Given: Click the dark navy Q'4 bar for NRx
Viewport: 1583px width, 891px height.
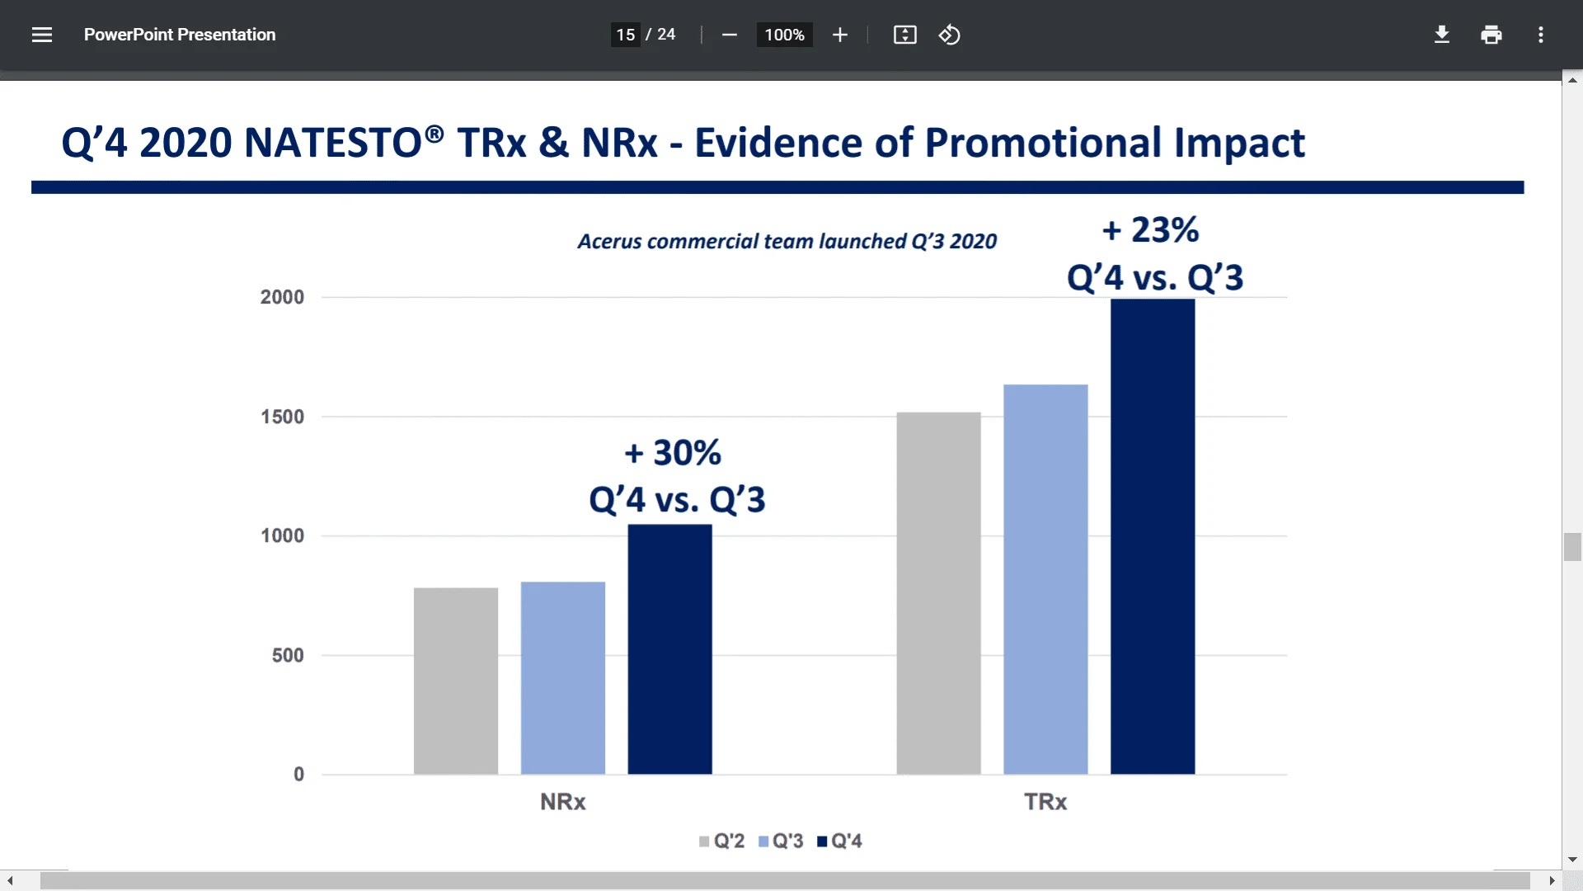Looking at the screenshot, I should tap(669, 649).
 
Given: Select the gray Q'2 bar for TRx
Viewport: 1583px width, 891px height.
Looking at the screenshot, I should tap(938, 593).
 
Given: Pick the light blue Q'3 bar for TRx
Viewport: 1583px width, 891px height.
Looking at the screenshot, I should tap(1045, 579).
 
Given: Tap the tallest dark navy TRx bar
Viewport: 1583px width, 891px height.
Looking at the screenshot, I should tap(1152, 536).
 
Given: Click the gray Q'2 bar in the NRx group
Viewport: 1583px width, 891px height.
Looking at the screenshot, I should tap(456, 681).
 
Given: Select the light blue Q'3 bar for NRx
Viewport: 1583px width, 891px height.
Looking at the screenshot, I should tap(563, 678).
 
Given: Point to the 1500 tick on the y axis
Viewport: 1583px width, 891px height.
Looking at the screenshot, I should tap(282, 417).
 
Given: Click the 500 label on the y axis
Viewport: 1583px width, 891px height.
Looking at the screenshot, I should tap(288, 655).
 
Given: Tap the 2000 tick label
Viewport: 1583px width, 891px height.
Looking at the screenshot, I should tap(282, 297).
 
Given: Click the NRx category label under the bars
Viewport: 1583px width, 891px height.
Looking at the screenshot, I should tap(562, 802).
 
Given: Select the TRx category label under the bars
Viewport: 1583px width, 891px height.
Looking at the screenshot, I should tap(1045, 802).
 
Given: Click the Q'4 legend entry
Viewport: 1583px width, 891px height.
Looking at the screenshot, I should tap(839, 841).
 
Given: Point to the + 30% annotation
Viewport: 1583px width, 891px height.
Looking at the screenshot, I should tap(673, 453).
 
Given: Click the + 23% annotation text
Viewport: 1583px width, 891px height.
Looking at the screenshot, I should tap(1151, 229).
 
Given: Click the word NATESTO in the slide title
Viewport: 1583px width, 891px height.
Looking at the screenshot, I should tap(333, 143).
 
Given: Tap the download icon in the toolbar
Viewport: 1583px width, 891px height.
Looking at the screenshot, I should tap(1441, 35).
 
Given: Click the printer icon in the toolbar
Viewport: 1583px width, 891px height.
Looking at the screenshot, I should tap(1491, 35).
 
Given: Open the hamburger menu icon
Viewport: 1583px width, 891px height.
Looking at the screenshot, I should tap(42, 35).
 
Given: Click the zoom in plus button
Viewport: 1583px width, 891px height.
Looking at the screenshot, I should tap(839, 35).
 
